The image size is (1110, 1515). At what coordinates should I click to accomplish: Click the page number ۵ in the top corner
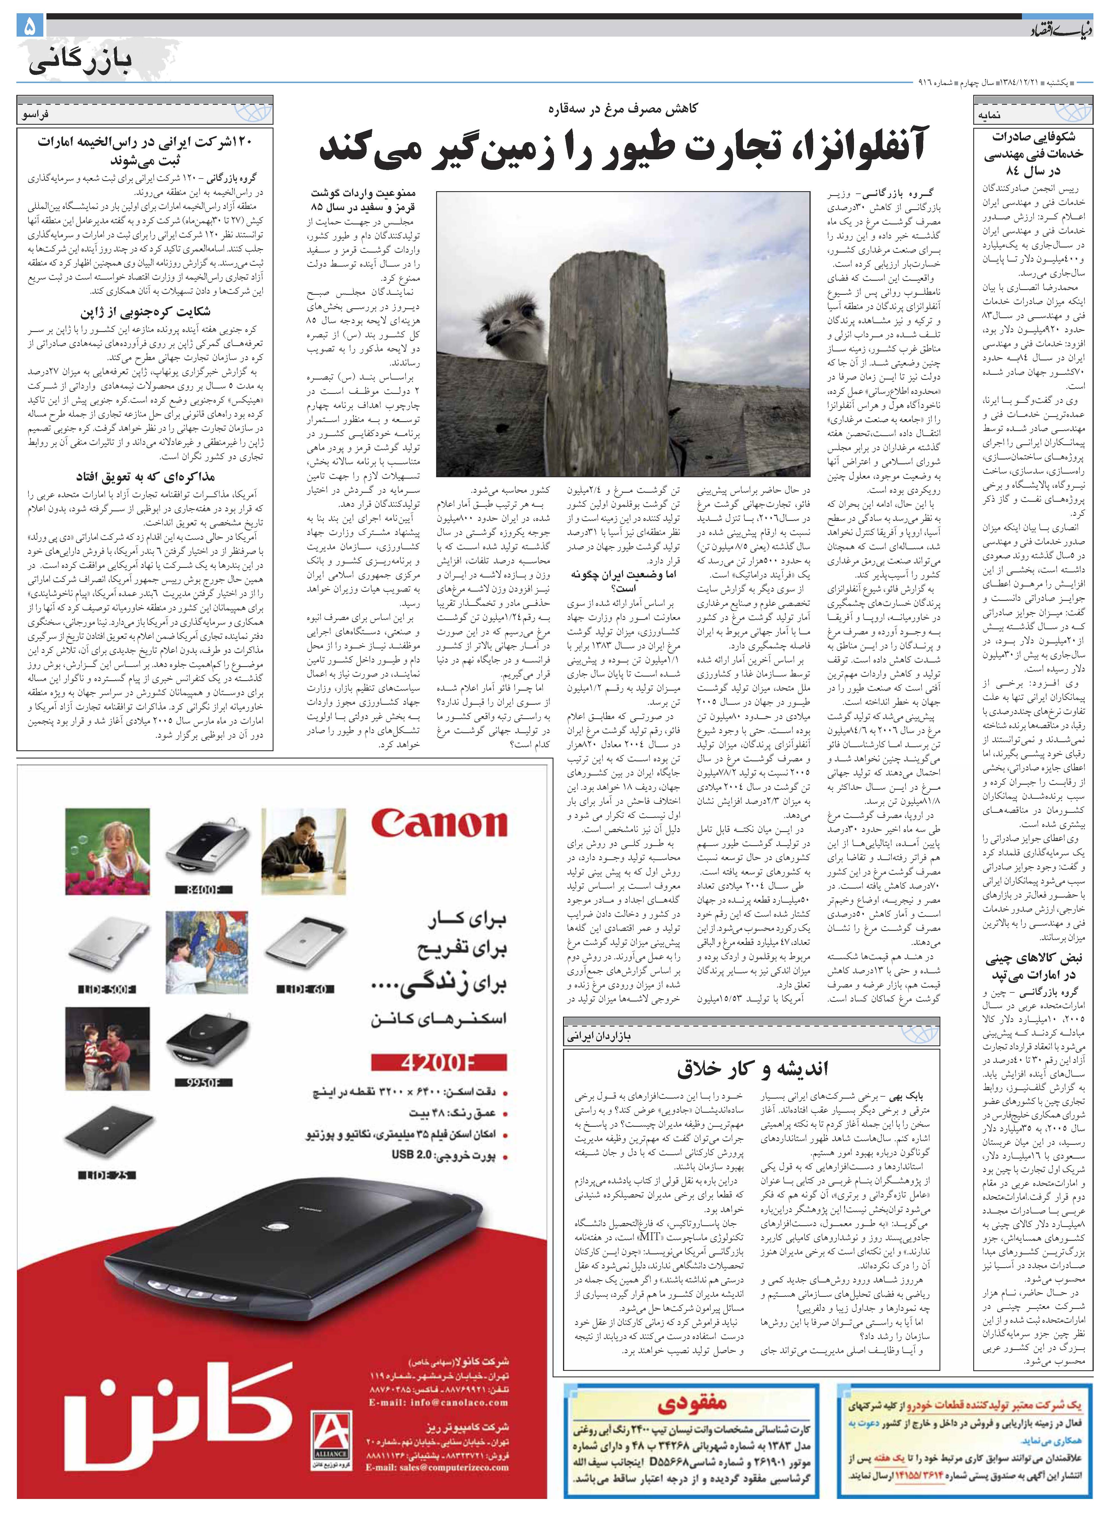tap(30, 27)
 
